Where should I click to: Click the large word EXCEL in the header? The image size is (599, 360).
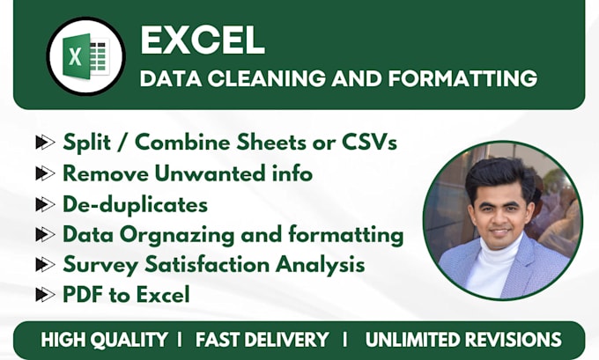203,40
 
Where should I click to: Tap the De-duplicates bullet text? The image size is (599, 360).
135,204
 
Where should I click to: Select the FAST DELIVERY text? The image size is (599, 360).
263,340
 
